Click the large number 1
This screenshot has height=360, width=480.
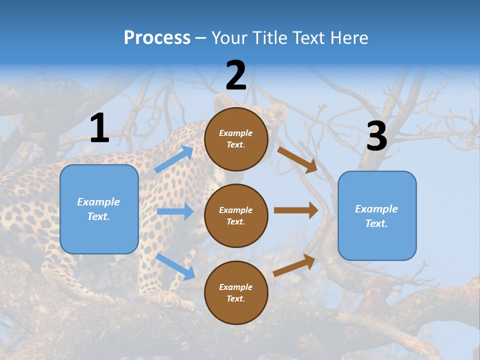99,128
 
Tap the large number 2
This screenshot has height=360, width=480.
236,75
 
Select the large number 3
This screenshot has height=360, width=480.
377,136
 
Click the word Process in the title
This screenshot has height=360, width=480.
157,38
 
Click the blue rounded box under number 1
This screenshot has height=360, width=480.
99,209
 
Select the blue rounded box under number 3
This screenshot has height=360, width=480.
377,216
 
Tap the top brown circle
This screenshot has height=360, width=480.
236,139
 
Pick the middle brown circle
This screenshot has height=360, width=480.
236,215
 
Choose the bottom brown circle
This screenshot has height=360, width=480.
236,292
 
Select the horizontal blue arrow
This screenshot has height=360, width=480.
175,211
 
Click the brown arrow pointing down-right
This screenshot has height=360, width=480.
297,159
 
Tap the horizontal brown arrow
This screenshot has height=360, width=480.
296,210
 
